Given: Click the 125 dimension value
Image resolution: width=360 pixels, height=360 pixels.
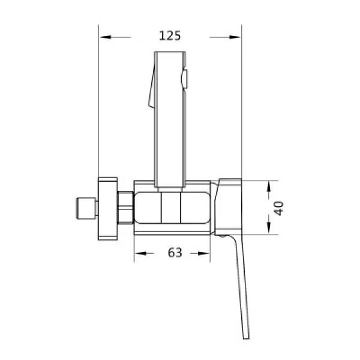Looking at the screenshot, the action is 170,36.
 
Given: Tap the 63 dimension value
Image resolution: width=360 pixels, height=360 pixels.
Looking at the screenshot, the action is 175,253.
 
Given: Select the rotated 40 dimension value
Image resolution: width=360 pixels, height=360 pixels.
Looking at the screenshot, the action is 279,208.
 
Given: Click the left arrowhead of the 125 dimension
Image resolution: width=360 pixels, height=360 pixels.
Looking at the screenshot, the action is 106,37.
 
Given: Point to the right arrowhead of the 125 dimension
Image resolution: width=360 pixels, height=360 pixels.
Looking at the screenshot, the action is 235,37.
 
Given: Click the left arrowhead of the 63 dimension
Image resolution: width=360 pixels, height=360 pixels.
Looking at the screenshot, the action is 141,253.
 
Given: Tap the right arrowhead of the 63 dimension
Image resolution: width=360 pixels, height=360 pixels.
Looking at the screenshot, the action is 203,253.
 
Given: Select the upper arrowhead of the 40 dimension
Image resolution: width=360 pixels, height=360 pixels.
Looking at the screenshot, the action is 269,187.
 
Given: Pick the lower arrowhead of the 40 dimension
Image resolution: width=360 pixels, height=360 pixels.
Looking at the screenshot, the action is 269,228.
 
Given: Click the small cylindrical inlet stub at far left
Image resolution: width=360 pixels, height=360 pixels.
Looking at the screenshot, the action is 86,208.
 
